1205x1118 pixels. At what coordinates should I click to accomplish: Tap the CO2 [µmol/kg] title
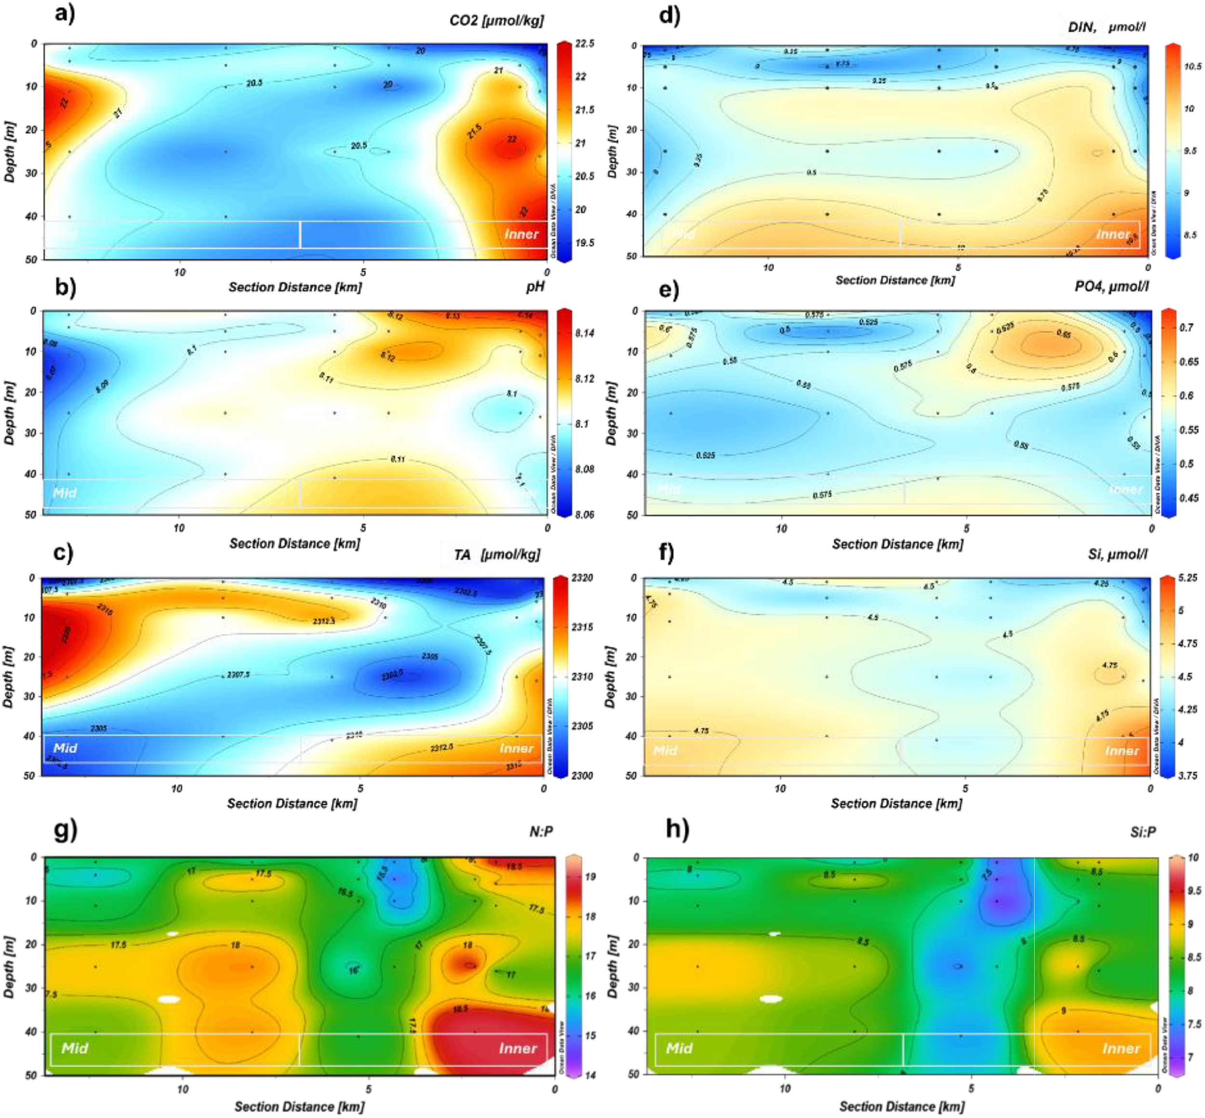coord(496,21)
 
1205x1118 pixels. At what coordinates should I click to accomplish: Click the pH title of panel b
coord(535,287)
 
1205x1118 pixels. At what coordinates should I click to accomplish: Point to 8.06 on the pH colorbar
coord(584,514)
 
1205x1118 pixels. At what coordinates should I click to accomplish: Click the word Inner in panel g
coord(518,1049)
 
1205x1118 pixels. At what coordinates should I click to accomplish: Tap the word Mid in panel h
coord(679,1049)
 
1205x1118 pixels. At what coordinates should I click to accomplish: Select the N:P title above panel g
coord(541,832)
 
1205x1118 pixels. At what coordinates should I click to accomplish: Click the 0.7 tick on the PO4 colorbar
coord(1186,327)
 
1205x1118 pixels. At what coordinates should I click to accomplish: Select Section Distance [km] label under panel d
coord(895,280)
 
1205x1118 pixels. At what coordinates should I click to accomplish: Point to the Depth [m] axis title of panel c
coord(9,676)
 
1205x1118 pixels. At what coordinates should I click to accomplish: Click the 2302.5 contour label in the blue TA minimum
coord(392,675)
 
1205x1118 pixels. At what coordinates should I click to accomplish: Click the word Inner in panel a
coord(522,234)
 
